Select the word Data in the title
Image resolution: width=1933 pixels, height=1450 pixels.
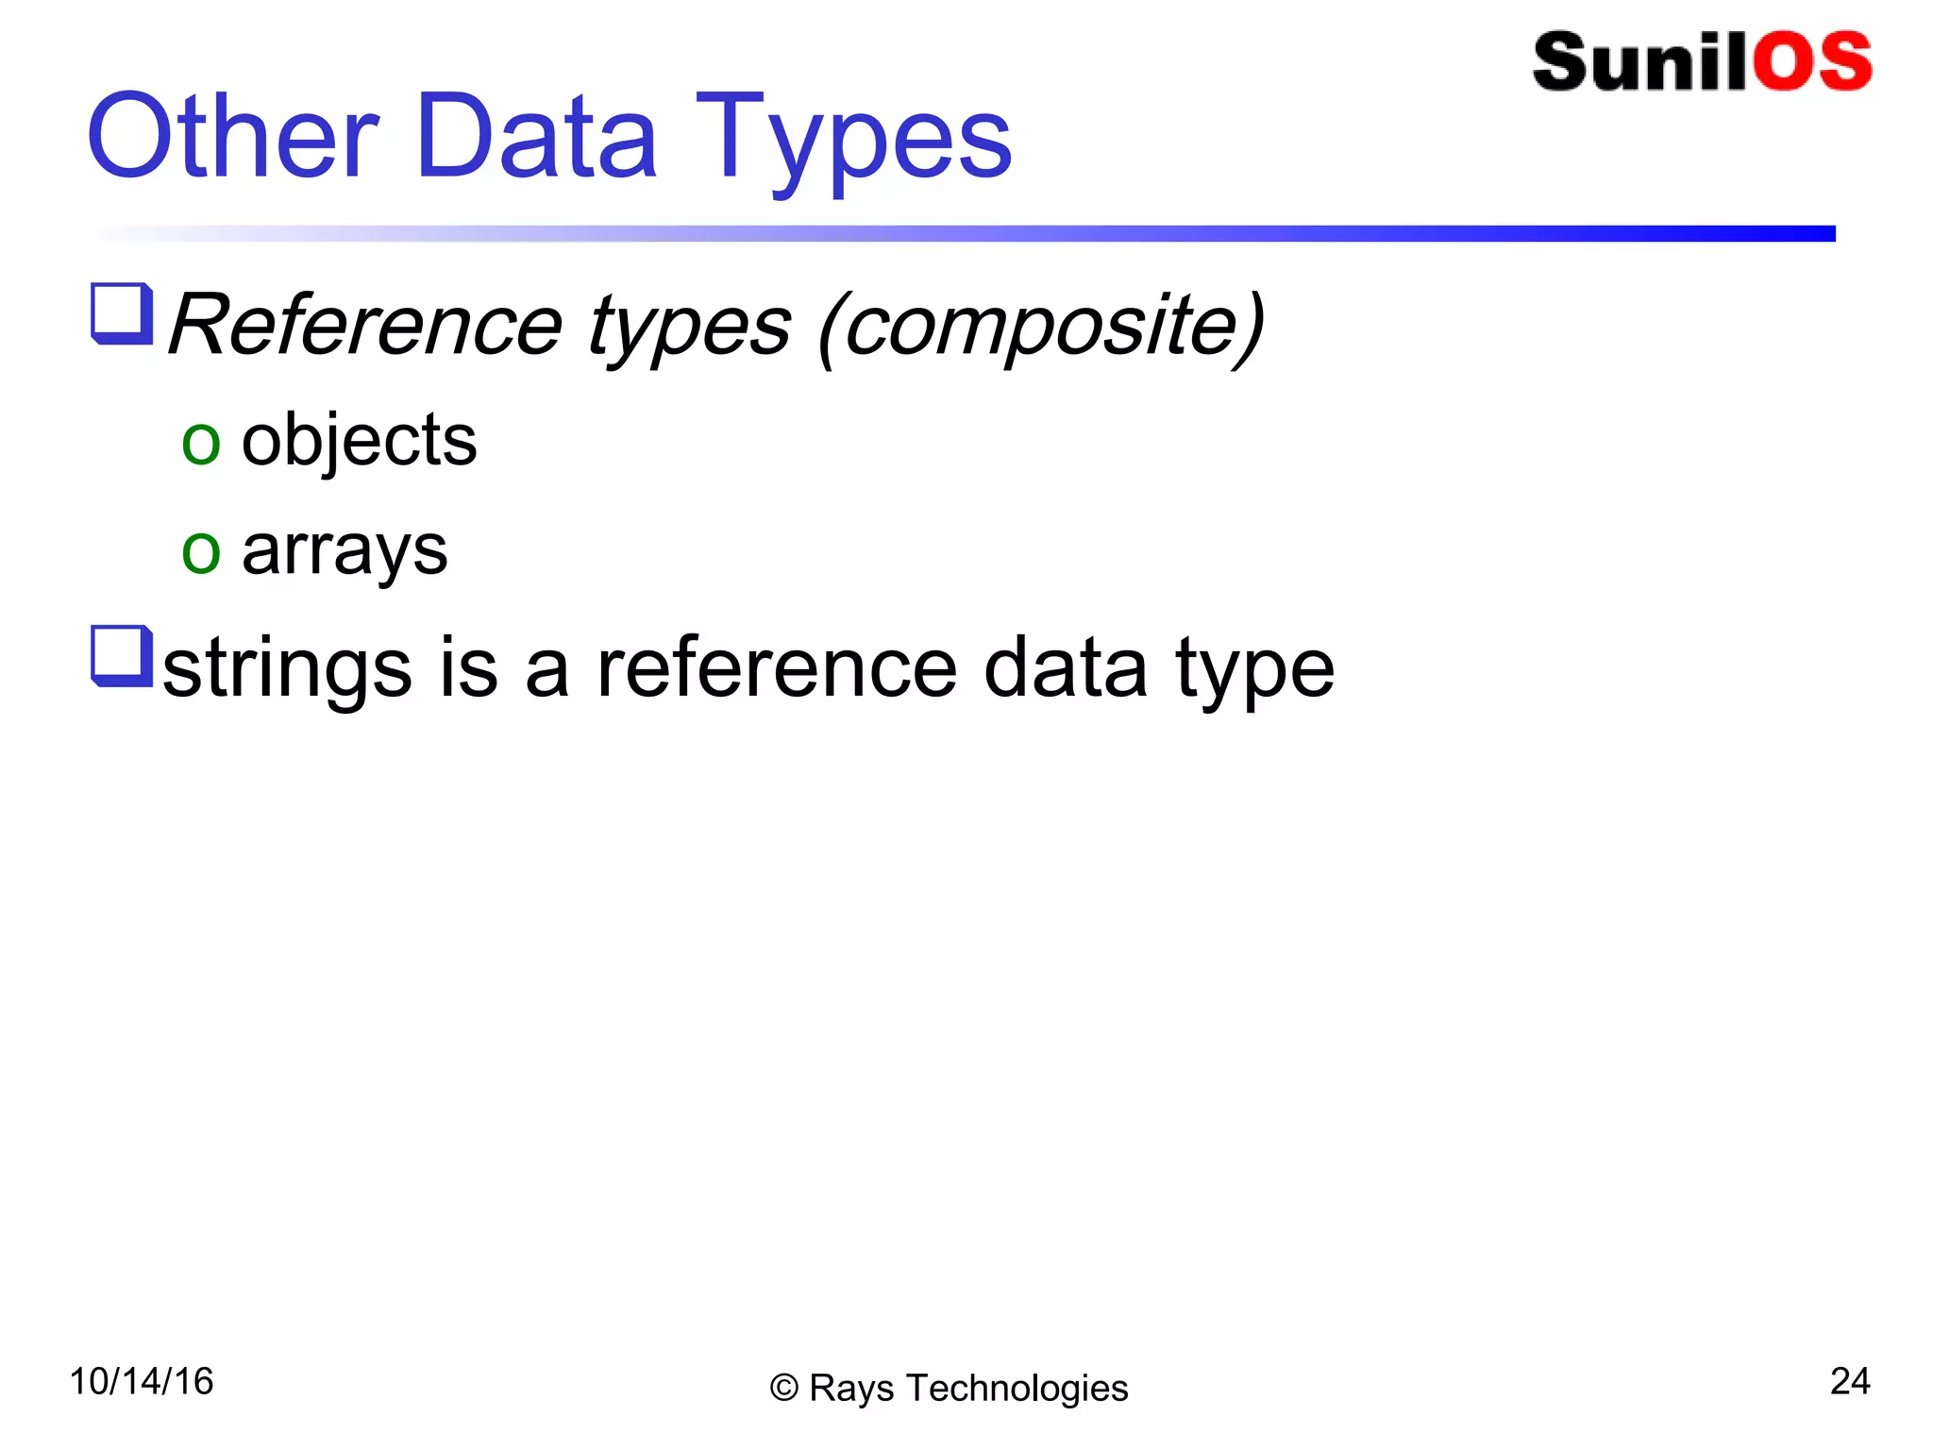pyautogui.click(x=535, y=137)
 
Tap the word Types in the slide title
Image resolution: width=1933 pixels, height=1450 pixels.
pyautogui.click(x=854, y=142)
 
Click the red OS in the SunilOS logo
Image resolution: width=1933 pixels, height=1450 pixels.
pyautogui.click(x=1812, y=62)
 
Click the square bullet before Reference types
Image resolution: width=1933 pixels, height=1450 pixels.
pyautogui.click(x=122, y=313)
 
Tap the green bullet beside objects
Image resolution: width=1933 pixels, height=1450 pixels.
pyautogui.click(x=201, y=443)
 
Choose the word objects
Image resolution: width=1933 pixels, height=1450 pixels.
pyautogui.click(x=359, y=440)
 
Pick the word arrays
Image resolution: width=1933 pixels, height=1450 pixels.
pyautogui.click(x=345, y=551)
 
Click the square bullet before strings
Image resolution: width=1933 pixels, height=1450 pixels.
pyautogui.click(x=122, y=655)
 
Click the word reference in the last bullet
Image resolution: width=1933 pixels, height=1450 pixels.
pyautogui.click(x=777, y=668)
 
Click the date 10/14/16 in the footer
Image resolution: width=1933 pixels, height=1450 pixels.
pyautogui.click(x=142, y=1381)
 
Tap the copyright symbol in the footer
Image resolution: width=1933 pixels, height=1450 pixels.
pyautogui.click(x=783, y=1389)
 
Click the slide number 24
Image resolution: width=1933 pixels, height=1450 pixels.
pyautogui.click(x=1849, y=1381)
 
